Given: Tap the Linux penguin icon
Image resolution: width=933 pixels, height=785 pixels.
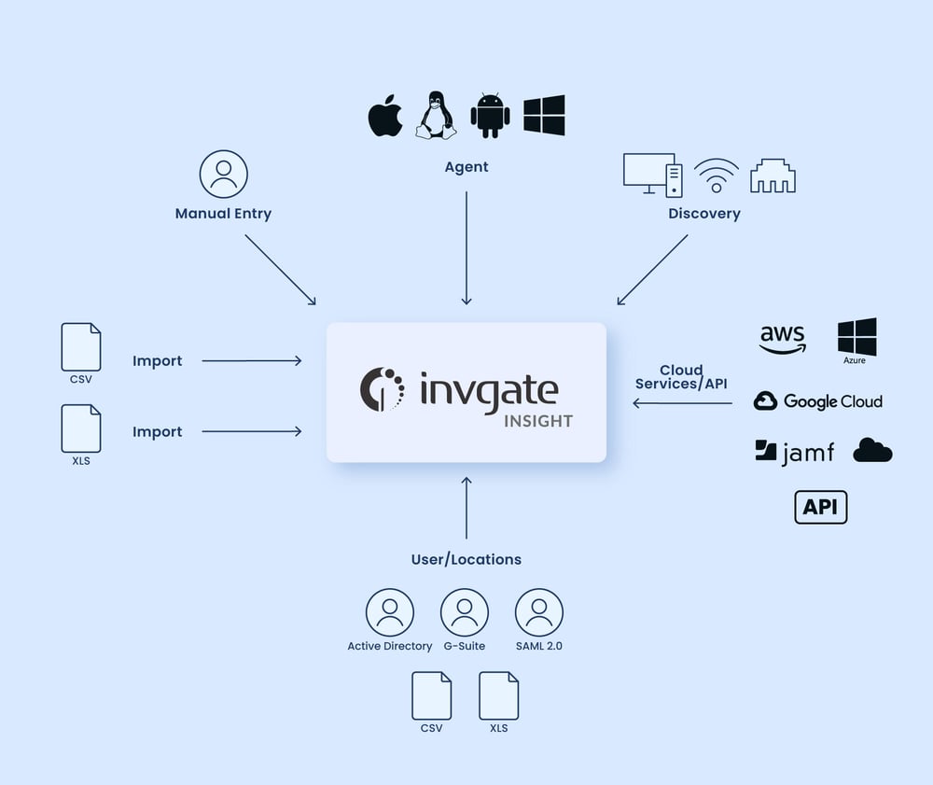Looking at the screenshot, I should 436,116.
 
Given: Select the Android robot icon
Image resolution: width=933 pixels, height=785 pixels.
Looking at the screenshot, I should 490,117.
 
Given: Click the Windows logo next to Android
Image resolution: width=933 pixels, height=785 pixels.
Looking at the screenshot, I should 544,116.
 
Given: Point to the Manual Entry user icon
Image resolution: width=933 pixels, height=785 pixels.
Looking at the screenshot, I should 224,175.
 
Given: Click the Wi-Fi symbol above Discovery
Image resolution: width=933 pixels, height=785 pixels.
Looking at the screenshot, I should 717,175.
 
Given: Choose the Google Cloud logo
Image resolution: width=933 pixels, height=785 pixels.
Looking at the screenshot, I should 818,401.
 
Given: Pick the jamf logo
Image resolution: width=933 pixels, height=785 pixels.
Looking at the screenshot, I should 794,453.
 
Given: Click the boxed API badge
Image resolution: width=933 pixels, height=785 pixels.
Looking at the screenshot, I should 821,507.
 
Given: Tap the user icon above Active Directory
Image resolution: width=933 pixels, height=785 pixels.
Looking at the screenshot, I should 390,612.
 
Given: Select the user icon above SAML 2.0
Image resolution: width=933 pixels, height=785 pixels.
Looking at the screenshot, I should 539,612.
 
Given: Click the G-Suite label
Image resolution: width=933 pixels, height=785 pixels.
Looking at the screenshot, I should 465,646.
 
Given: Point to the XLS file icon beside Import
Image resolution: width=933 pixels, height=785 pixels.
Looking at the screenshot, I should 81,428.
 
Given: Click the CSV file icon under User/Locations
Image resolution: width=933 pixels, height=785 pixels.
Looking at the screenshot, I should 432,695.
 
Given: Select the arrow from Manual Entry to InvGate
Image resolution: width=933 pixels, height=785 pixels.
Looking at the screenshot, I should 280,269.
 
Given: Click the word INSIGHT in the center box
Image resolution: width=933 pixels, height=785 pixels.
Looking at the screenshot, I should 538,421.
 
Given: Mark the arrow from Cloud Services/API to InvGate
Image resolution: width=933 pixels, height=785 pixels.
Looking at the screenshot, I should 682,403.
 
